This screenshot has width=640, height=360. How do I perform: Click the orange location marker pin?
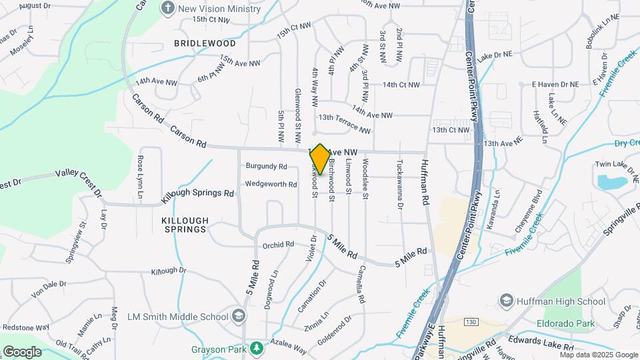coord(320,159)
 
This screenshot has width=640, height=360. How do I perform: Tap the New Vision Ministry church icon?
coord(168,8)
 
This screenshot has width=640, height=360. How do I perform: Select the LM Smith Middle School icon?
coord(239,315)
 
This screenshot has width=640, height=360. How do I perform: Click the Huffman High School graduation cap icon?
coord(506,301)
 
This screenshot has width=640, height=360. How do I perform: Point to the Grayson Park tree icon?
coord(256,348)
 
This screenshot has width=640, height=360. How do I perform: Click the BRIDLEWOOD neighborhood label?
coord(195,43)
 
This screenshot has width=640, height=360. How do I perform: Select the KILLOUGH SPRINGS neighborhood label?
coord(185,225)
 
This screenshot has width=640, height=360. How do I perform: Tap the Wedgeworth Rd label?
coord(271,184)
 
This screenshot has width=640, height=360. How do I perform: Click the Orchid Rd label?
coord(278,245)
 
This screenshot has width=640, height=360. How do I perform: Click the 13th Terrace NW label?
coord(344,122)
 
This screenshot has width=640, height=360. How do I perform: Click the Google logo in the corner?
coord(21,351)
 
